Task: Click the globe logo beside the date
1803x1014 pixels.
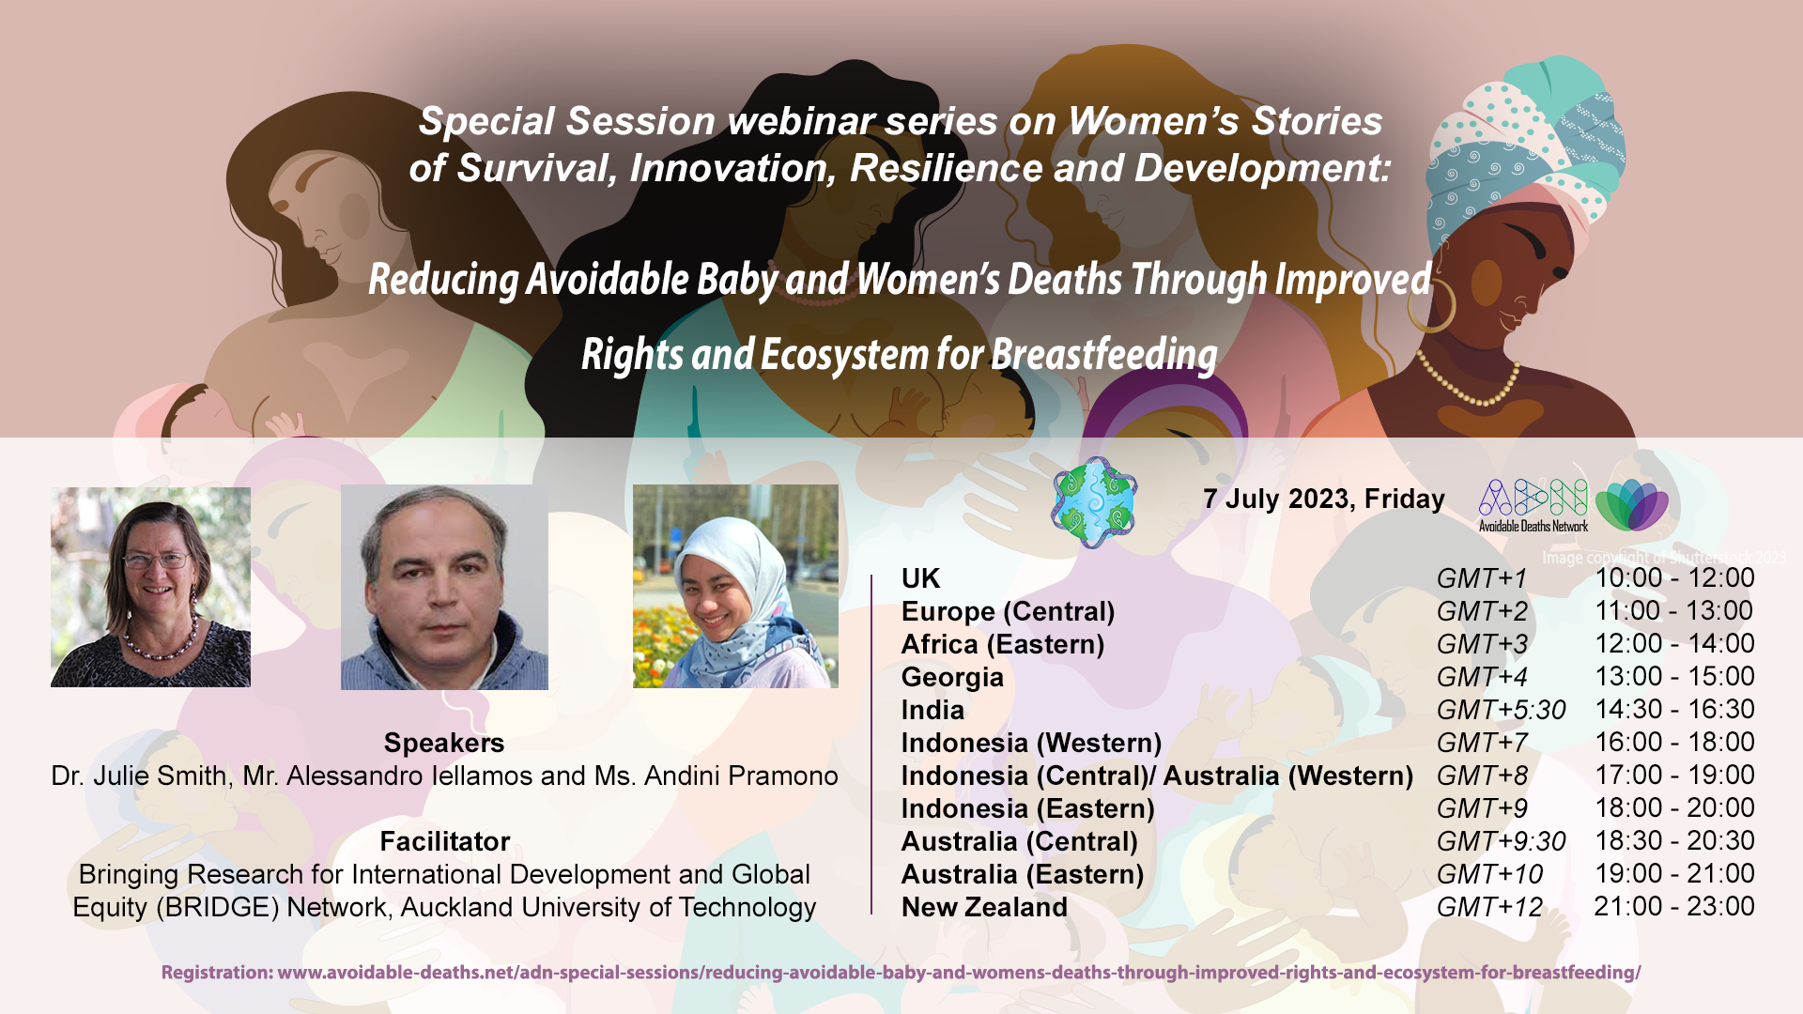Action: pos(1094,502)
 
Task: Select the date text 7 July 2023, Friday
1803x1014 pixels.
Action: pos(1324,499)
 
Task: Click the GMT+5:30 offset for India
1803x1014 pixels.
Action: pos(1501,710)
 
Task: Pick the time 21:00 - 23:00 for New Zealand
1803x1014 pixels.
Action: pos(1674,906)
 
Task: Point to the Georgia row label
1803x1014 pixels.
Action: pos(952,677)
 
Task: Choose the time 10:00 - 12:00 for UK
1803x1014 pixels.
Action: pos(1674,577)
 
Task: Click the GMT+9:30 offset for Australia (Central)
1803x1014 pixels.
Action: pos(1501,841)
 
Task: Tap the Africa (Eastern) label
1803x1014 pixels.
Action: pos(1003,644)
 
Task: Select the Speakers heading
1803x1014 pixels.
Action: pos(444,743)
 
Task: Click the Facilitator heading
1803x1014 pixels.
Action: pos(445,841)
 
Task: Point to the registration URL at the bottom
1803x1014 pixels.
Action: pos(901,973)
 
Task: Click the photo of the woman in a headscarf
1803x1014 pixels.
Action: pos(735,586)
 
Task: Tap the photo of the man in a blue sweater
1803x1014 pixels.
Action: pos(444,587)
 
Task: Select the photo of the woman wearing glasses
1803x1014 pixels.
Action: pos(150,587)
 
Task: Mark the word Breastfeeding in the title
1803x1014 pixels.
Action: pos(1104,355)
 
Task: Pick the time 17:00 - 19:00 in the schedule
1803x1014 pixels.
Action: pos(1674,775)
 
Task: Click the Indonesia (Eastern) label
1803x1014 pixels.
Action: pos(1027,808)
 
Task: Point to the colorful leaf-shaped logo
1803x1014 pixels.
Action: pos(1631,505)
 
